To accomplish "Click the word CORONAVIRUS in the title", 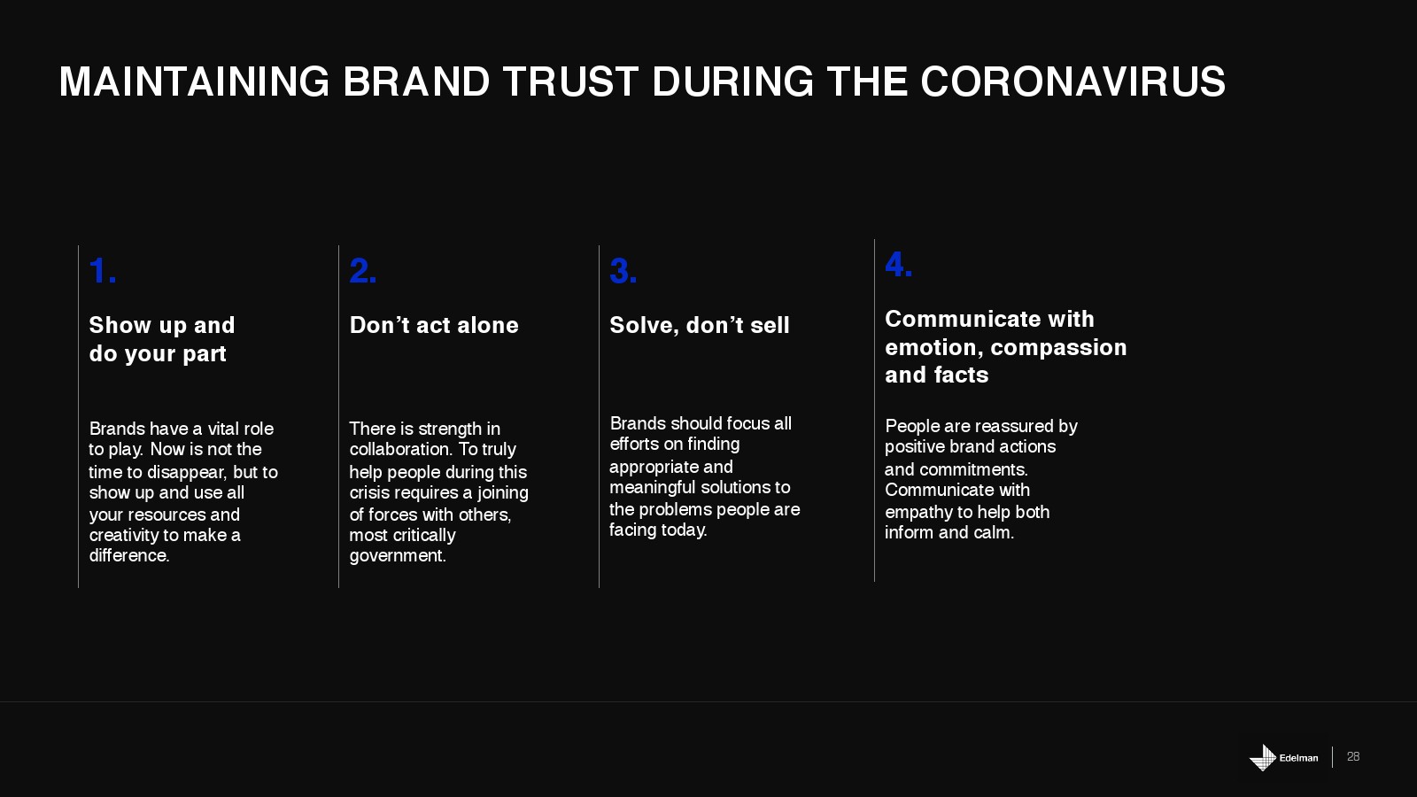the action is pyautogui.click(x=1072, y=81).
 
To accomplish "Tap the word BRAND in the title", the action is pyautogui.click(x=416, y=81).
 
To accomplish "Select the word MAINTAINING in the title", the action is pyautogui.click(x=194, y=81).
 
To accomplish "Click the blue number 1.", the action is pyautogui.click(x=103, y=271).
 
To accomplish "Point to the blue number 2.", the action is pyautogui.click(x=363, y=271).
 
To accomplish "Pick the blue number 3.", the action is pyautogui.click(x=623, y=271).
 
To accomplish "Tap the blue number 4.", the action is pyautogui.click(x=898, y=265).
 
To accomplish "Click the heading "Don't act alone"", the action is pyautogui.click(x=434, y=325).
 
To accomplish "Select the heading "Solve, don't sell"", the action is pyautogui.click(x=699, y=325).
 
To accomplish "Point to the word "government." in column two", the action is pyautogui.click(x=398, y=556).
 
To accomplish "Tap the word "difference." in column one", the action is pyautogui.click(x=129, y=555).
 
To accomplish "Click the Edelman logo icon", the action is pyautogui.click(x=1263, y=757).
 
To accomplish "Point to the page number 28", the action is pyautogui.click(x=1353, y=756).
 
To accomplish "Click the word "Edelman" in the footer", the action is pyautogui.click(x=1298, y=758).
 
